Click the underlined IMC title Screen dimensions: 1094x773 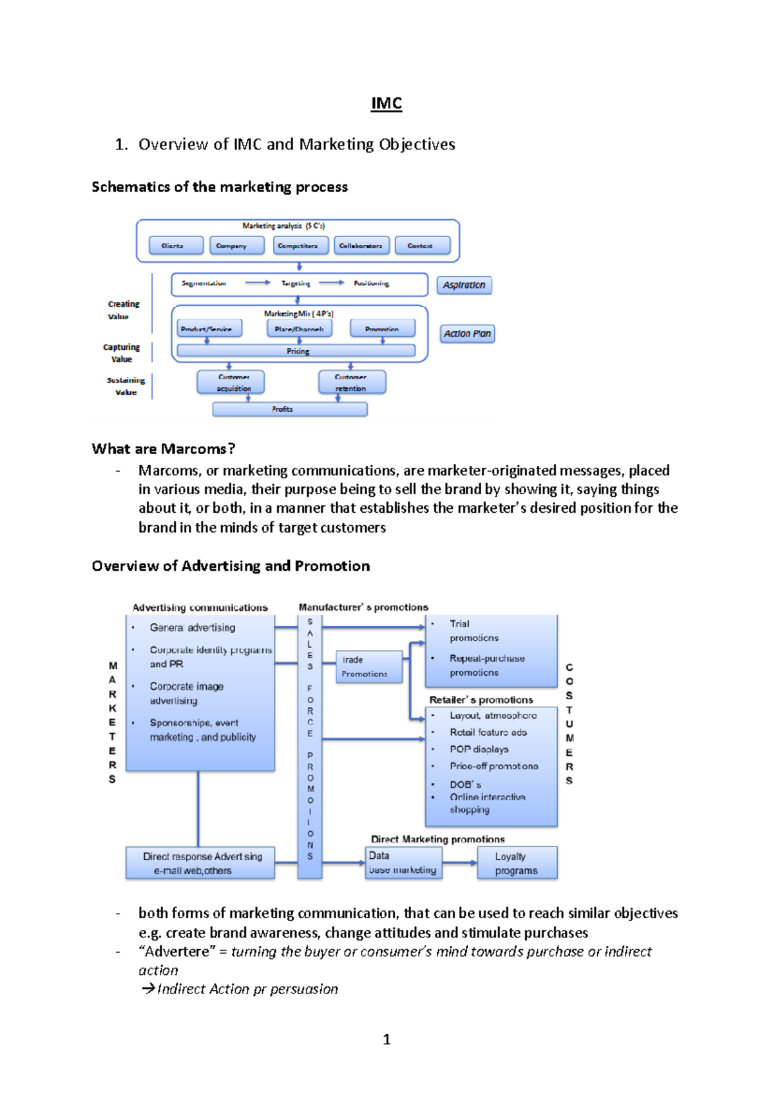(x=386, y=104)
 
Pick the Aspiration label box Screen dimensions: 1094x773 (x=464, y=285)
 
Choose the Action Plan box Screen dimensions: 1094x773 (x=467, y=334)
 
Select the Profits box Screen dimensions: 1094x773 (x=290, y=409)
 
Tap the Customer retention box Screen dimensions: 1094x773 (x=352, y=382)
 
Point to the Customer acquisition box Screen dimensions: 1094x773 (x=231, y=382)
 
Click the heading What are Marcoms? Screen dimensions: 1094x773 (x=163, y=449)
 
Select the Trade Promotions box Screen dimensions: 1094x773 (x=369, y=667)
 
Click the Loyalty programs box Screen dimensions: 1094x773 (x=517, y=863)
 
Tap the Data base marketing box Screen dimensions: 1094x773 (x=404, y=863)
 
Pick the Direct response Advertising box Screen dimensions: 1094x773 (x=200, y=863)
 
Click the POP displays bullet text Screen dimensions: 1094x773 (x=479, y=749)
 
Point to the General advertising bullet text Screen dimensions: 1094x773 (x=192, y=628)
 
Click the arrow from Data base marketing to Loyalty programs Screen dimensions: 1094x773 (x=459, y=863)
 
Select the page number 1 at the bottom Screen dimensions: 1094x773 (x=386, y=1039)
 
